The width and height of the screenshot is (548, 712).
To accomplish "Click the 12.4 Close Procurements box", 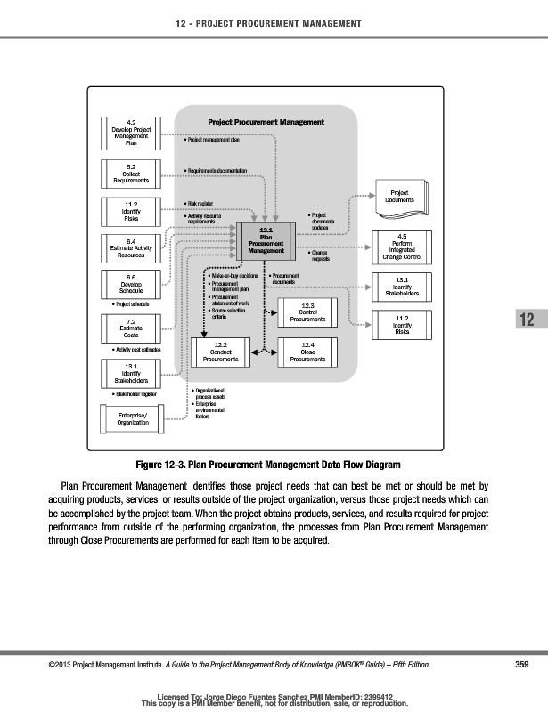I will pyautogui.click(x=307, y=353).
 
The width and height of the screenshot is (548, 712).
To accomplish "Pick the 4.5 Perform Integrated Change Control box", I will pyautogui.click(x=400, y=247).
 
